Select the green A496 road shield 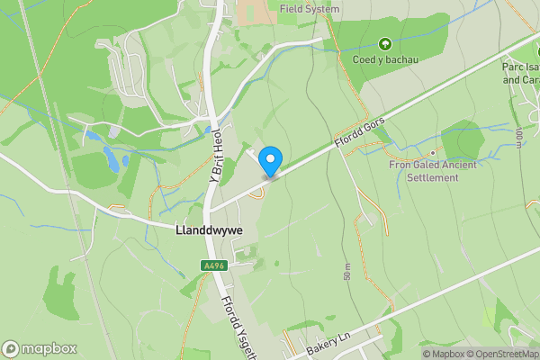click(212, 265)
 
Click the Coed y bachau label click(387, 59)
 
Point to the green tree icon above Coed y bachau click(386, 43)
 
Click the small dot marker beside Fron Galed click(432, 152)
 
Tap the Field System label click(309, 9)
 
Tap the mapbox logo click(40, 348)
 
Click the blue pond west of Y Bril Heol click(111, 160)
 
